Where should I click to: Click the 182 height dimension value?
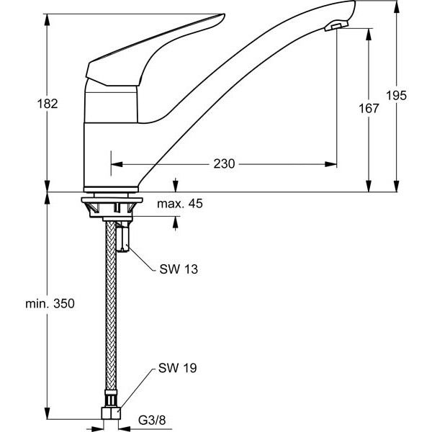[x=48, y=104]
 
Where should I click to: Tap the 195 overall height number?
[x=396, y=96]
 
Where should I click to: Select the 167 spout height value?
[x=369, y=108]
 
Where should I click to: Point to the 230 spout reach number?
[x=224, y=164]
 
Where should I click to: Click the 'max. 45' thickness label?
[x=180, y=204]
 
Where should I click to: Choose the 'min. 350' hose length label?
[x=50, y=304]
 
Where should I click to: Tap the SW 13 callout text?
[x=179, y=269]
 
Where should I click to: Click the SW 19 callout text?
[x=178, y=368]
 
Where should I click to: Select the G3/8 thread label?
[x=152, y=420]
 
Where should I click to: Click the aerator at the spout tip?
[x=336, y=27]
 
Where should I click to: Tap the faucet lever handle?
[x=155, y=50]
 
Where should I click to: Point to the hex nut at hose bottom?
[x=111, y=413]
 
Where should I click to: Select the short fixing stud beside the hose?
[x=123, y=237]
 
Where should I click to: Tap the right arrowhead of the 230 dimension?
[x=330, y=164]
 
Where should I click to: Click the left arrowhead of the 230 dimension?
[x=117, y=164]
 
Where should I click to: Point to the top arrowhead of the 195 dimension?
[x=397, y=7]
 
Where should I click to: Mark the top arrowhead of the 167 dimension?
[x=369, y=35]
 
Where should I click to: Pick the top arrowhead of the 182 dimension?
[x=48, y=20]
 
